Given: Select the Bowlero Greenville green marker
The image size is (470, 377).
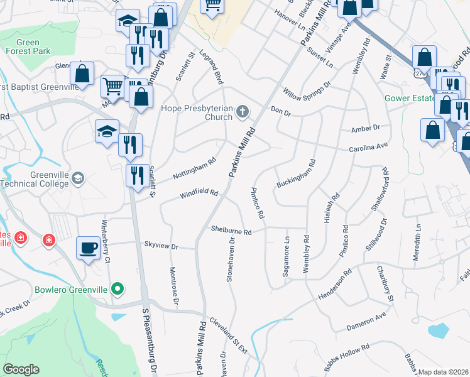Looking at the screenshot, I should [x=117, y=290].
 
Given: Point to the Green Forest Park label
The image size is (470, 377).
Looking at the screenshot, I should [x=24, y=48].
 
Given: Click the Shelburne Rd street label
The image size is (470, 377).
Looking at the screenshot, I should [x=231, y=231].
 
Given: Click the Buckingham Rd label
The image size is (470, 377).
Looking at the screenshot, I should [x=295, y=173].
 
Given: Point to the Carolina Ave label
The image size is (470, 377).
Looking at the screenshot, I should [x=370, y=148].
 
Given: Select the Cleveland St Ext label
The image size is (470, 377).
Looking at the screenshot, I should [x=228, y=337].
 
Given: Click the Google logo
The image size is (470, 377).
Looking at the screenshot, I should [x=21, y=369].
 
